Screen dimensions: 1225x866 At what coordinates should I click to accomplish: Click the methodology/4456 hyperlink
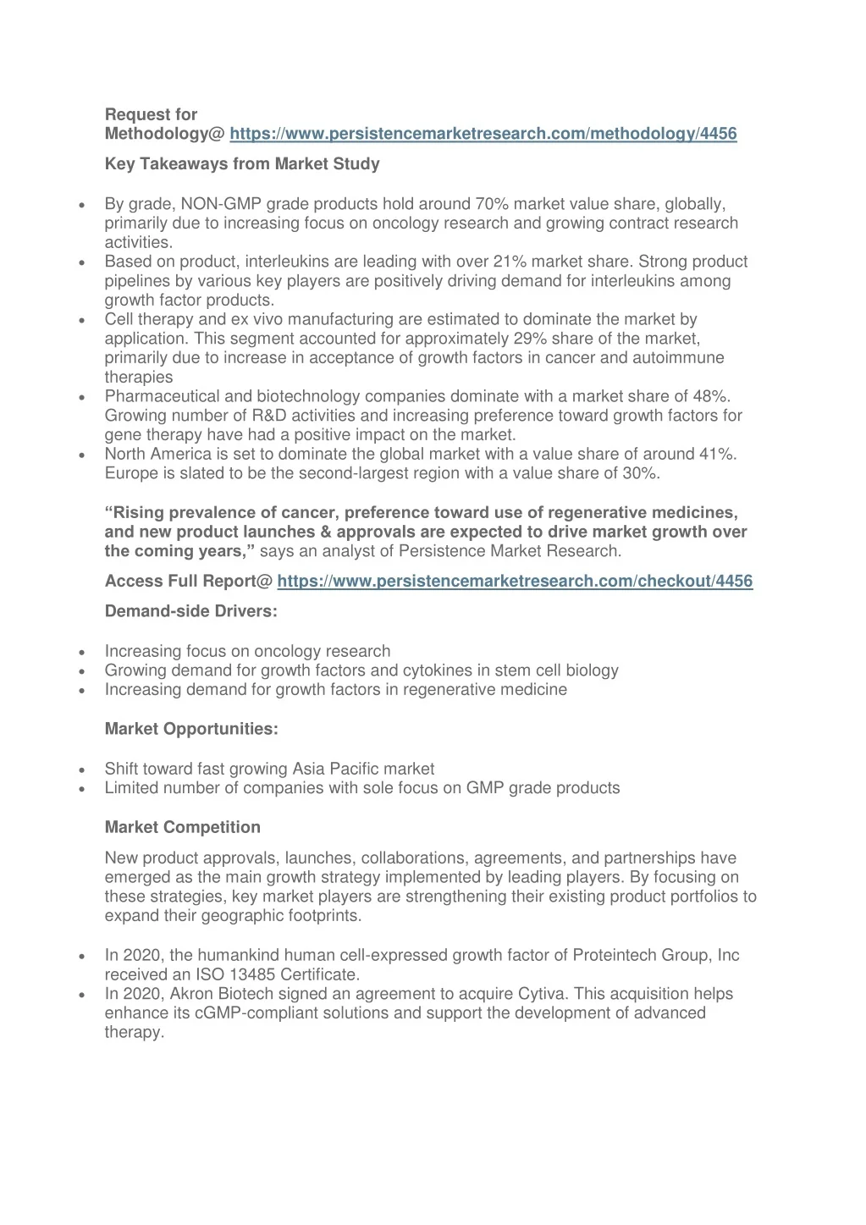pos(483,134)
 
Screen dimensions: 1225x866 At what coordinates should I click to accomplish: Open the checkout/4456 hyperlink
pos(515,581)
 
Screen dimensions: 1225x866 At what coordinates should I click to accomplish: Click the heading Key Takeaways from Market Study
pos(242,164)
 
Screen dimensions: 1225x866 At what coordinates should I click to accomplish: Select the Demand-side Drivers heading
pos(190,611)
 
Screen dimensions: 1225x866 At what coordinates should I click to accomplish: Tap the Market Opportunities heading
pos(191,729)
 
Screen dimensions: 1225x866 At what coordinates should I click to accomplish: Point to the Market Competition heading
pos(183,827)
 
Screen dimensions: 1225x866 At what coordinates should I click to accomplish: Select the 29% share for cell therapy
pos(530,339)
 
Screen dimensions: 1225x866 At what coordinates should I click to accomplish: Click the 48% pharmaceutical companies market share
pos(715,396)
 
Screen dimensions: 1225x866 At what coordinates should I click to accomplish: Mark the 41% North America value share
pos(718,455)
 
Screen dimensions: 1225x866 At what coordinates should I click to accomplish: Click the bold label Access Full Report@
pos(189,581)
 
